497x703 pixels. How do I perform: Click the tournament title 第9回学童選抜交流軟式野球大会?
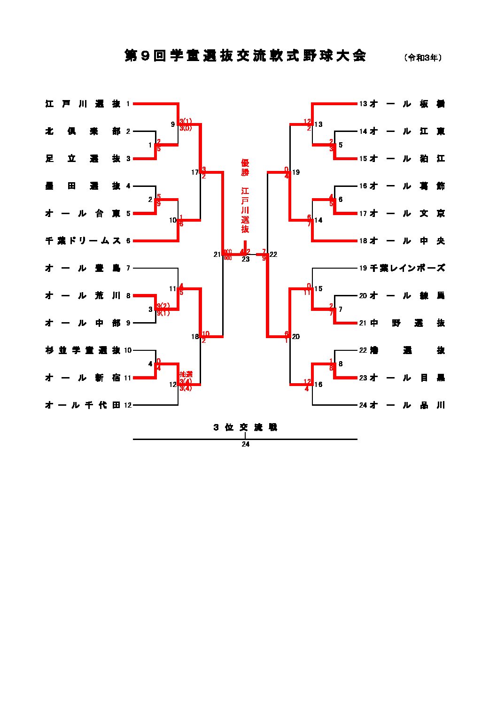[245, 56]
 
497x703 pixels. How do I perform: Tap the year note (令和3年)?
[422, 58]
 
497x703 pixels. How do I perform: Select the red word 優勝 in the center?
[245, 168]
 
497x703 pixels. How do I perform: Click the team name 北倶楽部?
[83, 131]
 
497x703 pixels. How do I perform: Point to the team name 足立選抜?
[83, 159]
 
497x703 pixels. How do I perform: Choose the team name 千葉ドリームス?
[83, 241]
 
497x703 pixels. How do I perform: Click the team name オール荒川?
[83, 296]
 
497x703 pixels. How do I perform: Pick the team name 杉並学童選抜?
[83, 350]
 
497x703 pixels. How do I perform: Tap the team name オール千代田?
[83, 405]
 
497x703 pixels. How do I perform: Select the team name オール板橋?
[407, 104]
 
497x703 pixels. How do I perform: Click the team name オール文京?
[407, 214]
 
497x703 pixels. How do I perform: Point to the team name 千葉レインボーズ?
[407, 268]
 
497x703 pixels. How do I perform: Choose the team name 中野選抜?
[407, 323]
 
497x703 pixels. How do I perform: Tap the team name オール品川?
[407, 405]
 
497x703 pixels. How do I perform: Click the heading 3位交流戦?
[245, 428]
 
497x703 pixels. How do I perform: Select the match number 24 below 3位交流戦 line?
[245, 444]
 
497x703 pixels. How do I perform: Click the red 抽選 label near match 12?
[186, 374]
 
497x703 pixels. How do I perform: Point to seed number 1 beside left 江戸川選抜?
[128, 104]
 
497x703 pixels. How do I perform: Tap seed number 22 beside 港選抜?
[363, 350]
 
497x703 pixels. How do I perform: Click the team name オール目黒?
[407, 378]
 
